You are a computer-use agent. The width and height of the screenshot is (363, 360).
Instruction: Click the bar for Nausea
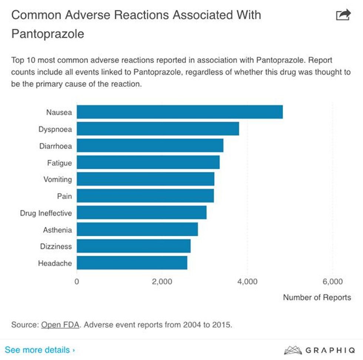pyautogui.click(x=180, y=112)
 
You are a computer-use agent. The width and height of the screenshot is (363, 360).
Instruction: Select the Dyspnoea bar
pyautogui.click(x=158, y=129)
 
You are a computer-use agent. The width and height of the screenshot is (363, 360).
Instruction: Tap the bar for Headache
pyautogui.click(x=132, y=263)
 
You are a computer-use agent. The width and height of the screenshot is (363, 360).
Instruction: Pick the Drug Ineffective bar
pyautogui.click(x=141, y=213)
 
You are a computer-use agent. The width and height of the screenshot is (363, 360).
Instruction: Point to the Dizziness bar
pyautogui.click(x=134, y=246)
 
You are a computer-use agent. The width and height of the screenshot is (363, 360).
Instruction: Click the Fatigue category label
pyautogui.click(x=59, y=163)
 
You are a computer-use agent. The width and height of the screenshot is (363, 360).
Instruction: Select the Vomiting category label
pyautogui.click(x=57, y=179)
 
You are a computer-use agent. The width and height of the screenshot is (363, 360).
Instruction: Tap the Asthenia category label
pyautogui.click(x=57, y=230)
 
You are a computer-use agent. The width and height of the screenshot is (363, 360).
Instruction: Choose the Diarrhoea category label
pyautogui.click(x=56, y=146)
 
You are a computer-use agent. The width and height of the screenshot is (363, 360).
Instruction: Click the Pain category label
pyautogui.click(x=64, y=196)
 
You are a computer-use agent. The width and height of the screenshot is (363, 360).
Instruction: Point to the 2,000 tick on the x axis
pyautogui.click(x=162, y=282)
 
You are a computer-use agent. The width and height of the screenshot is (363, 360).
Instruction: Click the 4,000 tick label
pyautogui.click(x=247, y=282)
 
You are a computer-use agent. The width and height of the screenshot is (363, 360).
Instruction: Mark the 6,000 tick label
pyautogui.click(x=333, y=282)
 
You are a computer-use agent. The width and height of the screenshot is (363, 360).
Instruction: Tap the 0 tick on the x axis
pyautogui.click(x=77, y=282)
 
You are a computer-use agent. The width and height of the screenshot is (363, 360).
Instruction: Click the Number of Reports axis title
pyautogui.click(x=317, y=297)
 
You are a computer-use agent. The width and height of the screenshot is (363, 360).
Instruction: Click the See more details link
pyautogui.click(x=40, y=350)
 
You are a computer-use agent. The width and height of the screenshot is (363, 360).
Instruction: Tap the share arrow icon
pyautogui.click(x=343, y=15)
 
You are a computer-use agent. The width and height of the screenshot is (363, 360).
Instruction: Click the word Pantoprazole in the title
pyautogui.click(x=48, y=34)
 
